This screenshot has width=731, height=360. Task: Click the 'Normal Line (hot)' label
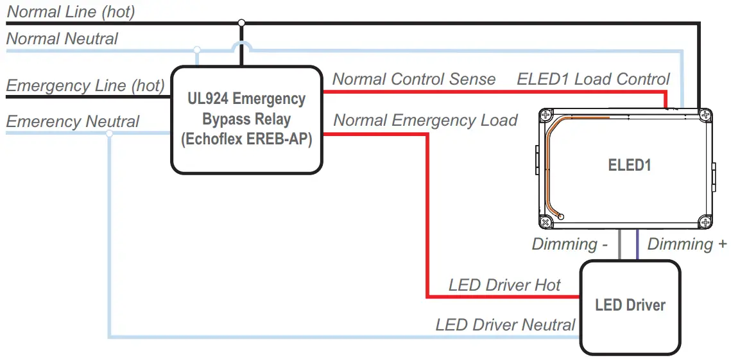(x=71, y=12)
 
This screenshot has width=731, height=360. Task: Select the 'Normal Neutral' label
(x=62, y=39)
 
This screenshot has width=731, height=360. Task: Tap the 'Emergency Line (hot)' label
(x=85, y=85)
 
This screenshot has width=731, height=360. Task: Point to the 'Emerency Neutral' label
(x=73, y=121)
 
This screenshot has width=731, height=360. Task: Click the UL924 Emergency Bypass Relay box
(x=246, y=119)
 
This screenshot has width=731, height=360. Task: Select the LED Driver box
(x=630, y=306)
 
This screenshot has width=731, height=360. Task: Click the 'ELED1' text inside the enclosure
(x=630, y=165)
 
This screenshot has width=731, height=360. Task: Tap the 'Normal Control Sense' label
(x=414, y=79)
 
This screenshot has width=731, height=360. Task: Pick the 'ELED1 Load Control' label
(x=593, y=79)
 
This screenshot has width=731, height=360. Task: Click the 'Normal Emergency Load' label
(x=426, y=120)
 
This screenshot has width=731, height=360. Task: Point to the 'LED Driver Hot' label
(x=504, y=285)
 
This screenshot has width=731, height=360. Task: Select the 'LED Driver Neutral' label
(x=505, y=325)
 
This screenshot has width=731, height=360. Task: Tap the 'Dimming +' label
(x=687, y=244)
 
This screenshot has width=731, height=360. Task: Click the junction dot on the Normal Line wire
(x=241, y=23)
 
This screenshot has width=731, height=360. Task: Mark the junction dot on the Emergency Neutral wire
(x=109, y=133)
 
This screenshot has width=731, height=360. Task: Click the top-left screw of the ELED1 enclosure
(x=546, y=116)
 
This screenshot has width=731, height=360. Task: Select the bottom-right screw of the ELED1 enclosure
(x=705, y=222)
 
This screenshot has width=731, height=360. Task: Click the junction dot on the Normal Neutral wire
(x=197, y=49)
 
